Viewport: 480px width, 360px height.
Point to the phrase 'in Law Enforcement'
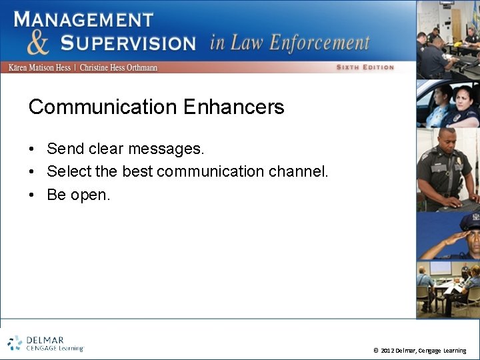click(x=289, y=43)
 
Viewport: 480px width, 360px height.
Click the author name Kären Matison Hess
click(x=39, y=68)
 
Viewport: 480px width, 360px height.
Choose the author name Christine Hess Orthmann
click(x=119, y=68)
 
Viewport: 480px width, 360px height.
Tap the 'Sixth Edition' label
click(x=365, y=67)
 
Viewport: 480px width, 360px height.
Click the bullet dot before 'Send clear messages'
click(x=32, y=149)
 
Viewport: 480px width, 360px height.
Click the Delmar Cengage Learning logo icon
click(x=15, y=343)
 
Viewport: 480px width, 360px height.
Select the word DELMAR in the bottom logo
click(x=45, y=339)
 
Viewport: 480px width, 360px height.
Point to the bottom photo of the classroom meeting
click(x=447, y=289)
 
